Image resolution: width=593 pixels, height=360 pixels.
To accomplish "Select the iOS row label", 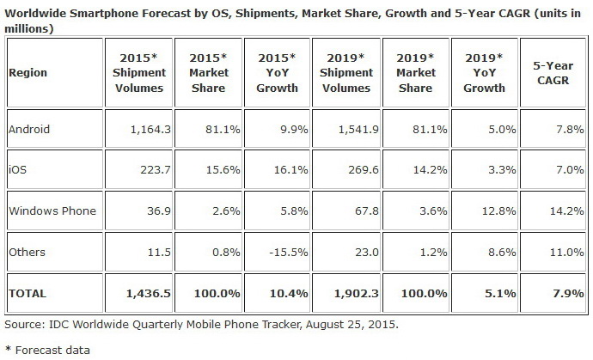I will [16, 170].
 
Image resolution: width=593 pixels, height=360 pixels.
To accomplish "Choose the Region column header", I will [28, 73].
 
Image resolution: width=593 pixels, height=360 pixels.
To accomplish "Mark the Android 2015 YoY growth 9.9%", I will [284, 130].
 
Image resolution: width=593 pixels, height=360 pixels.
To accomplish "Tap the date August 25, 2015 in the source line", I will [344, 326].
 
